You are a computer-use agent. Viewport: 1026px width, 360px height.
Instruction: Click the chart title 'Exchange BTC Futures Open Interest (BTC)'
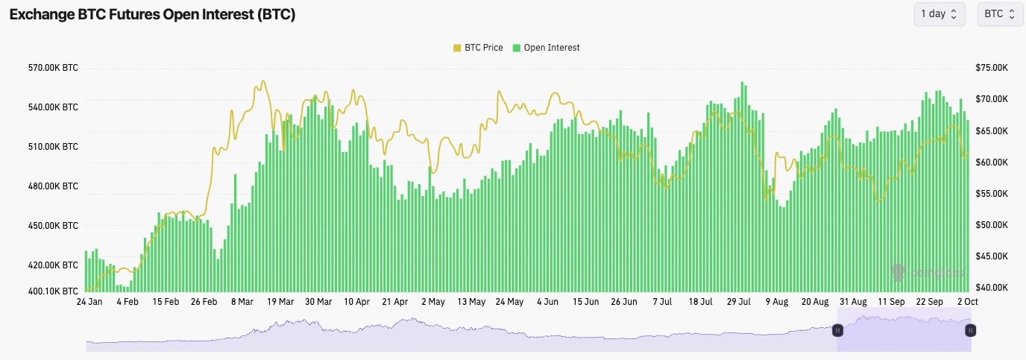tap(152, 15)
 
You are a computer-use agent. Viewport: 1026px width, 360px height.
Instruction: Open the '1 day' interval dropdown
tap(939, 14)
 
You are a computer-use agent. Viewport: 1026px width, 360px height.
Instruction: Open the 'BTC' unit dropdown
tap(1000, 14)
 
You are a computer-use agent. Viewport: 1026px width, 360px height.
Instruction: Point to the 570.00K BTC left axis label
tap(53, 68)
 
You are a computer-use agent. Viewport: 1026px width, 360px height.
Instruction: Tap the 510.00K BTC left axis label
tap(53, 147)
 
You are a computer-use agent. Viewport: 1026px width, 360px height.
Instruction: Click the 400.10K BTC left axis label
tap(53, 291)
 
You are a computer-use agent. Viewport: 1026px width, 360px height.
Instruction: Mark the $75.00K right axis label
tap(992, 68)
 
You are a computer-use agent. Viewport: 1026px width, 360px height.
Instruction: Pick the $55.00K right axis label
tap(992, 194)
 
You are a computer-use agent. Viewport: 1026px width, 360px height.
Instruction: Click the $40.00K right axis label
tap(992, 288)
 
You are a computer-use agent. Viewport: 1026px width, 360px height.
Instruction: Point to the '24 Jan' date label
tap(90, 302)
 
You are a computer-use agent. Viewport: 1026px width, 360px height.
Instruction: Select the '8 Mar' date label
tap(242, 302)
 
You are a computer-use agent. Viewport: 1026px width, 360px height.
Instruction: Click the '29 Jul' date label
tap(738, 302)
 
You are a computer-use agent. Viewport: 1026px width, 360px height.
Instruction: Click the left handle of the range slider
tap(837, 330)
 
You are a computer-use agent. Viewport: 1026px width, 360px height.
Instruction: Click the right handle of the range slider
tap(971, 330)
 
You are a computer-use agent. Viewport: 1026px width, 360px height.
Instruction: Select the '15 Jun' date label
tap(585, 302)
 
